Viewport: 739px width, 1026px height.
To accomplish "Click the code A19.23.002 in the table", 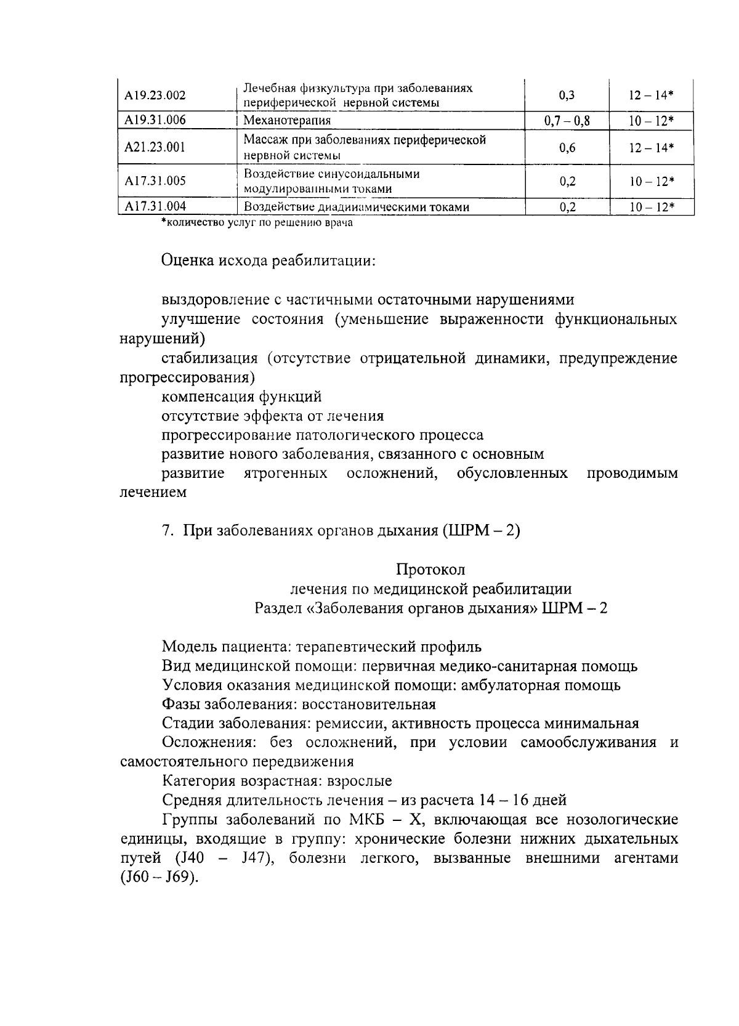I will coord(155,95).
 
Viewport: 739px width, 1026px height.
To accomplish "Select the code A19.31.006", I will coord(155,120).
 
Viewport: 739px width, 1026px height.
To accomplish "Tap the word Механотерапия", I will coord(287,121).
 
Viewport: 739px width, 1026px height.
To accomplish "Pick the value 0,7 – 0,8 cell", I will coord(567,121).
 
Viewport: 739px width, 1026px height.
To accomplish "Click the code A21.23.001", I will coord(155,147).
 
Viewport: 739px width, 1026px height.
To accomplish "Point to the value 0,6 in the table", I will coord(567,147).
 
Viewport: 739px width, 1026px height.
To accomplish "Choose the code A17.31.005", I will coord(155,181).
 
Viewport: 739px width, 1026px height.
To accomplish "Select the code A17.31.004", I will coord(155,206).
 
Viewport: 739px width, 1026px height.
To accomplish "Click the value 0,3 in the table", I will coord(567,95).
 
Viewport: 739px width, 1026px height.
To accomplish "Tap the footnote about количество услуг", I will coord(257,223).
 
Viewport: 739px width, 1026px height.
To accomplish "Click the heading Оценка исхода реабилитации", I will coord(269,261).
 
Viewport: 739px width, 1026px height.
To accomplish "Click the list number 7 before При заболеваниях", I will coord(166,530).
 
